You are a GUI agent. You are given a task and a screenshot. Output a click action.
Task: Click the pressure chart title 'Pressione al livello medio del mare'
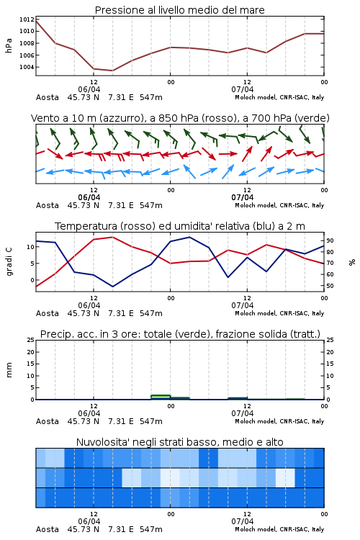click(x=179, y=10)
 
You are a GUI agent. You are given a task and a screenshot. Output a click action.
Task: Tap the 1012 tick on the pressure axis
click(x=27, y=19)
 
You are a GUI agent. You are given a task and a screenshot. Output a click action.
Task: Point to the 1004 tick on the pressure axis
click(x=27, y=67)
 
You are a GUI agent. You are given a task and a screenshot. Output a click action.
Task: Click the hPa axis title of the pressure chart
click(x=9, y=45)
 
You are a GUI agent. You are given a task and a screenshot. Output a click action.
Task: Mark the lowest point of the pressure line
click(x=112, y=71)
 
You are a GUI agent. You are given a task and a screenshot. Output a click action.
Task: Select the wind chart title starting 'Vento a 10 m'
click(x=180, y=118)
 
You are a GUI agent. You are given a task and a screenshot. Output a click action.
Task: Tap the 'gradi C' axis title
click(x=9, y=261)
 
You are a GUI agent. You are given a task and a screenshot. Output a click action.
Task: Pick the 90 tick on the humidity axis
click(x=330, y=240)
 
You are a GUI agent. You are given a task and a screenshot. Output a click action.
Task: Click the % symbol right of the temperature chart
click(x=352, y=262)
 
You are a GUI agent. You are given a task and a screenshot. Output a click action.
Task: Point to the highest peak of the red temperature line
click(x=112, y=237)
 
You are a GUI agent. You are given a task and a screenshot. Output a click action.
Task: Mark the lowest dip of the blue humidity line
click(x=112, y=287)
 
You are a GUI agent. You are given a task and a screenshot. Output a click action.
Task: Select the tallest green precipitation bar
click(x=161, y=397)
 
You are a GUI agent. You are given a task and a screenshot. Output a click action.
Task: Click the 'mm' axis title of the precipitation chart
click(x=9, y=370)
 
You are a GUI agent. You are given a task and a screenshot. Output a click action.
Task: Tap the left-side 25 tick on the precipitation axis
click(x=31, y=340)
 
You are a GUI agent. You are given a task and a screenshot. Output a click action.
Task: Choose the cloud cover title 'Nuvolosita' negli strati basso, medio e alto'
click(x=179, y=442)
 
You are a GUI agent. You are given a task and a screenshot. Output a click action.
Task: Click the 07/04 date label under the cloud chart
click(x=242, y=521)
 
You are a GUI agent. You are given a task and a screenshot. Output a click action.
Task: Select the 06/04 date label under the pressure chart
click(x=89, y=89)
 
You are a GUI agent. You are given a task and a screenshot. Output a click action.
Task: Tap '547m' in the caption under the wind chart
click(x=151, y=206)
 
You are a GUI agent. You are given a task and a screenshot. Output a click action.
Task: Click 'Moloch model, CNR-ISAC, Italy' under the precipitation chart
click(x=279, y=421)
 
